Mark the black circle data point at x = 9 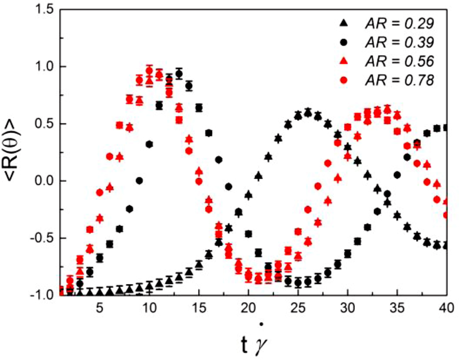139,181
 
